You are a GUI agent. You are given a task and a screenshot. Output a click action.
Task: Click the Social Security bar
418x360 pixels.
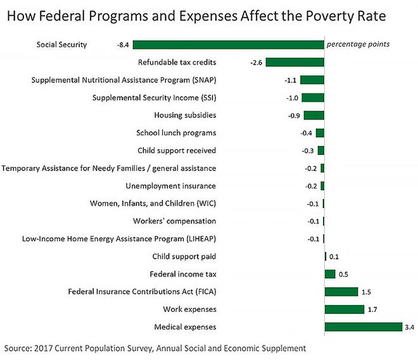coord(228,45)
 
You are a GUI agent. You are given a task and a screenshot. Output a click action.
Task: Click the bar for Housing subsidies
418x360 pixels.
coord(314,115)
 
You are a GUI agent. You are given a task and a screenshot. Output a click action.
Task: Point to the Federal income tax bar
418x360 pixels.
coord(330,274)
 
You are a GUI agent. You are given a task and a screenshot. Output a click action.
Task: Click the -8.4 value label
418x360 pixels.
coord(123,45)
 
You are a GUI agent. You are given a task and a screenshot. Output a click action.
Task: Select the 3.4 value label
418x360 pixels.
coord(409,327)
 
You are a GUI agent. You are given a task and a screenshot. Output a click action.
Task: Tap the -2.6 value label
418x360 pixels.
coord(256,63)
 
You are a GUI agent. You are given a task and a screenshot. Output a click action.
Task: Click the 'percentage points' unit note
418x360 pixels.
coord(358,45)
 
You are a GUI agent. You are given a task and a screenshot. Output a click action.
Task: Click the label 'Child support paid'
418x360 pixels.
coord(184,256)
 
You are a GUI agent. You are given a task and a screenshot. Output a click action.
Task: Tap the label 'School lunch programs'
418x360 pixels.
coord(176,133)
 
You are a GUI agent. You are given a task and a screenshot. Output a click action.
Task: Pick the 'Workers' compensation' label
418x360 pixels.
coord(174,221)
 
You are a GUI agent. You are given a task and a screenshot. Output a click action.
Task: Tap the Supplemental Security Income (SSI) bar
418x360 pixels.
coord(313,98)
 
